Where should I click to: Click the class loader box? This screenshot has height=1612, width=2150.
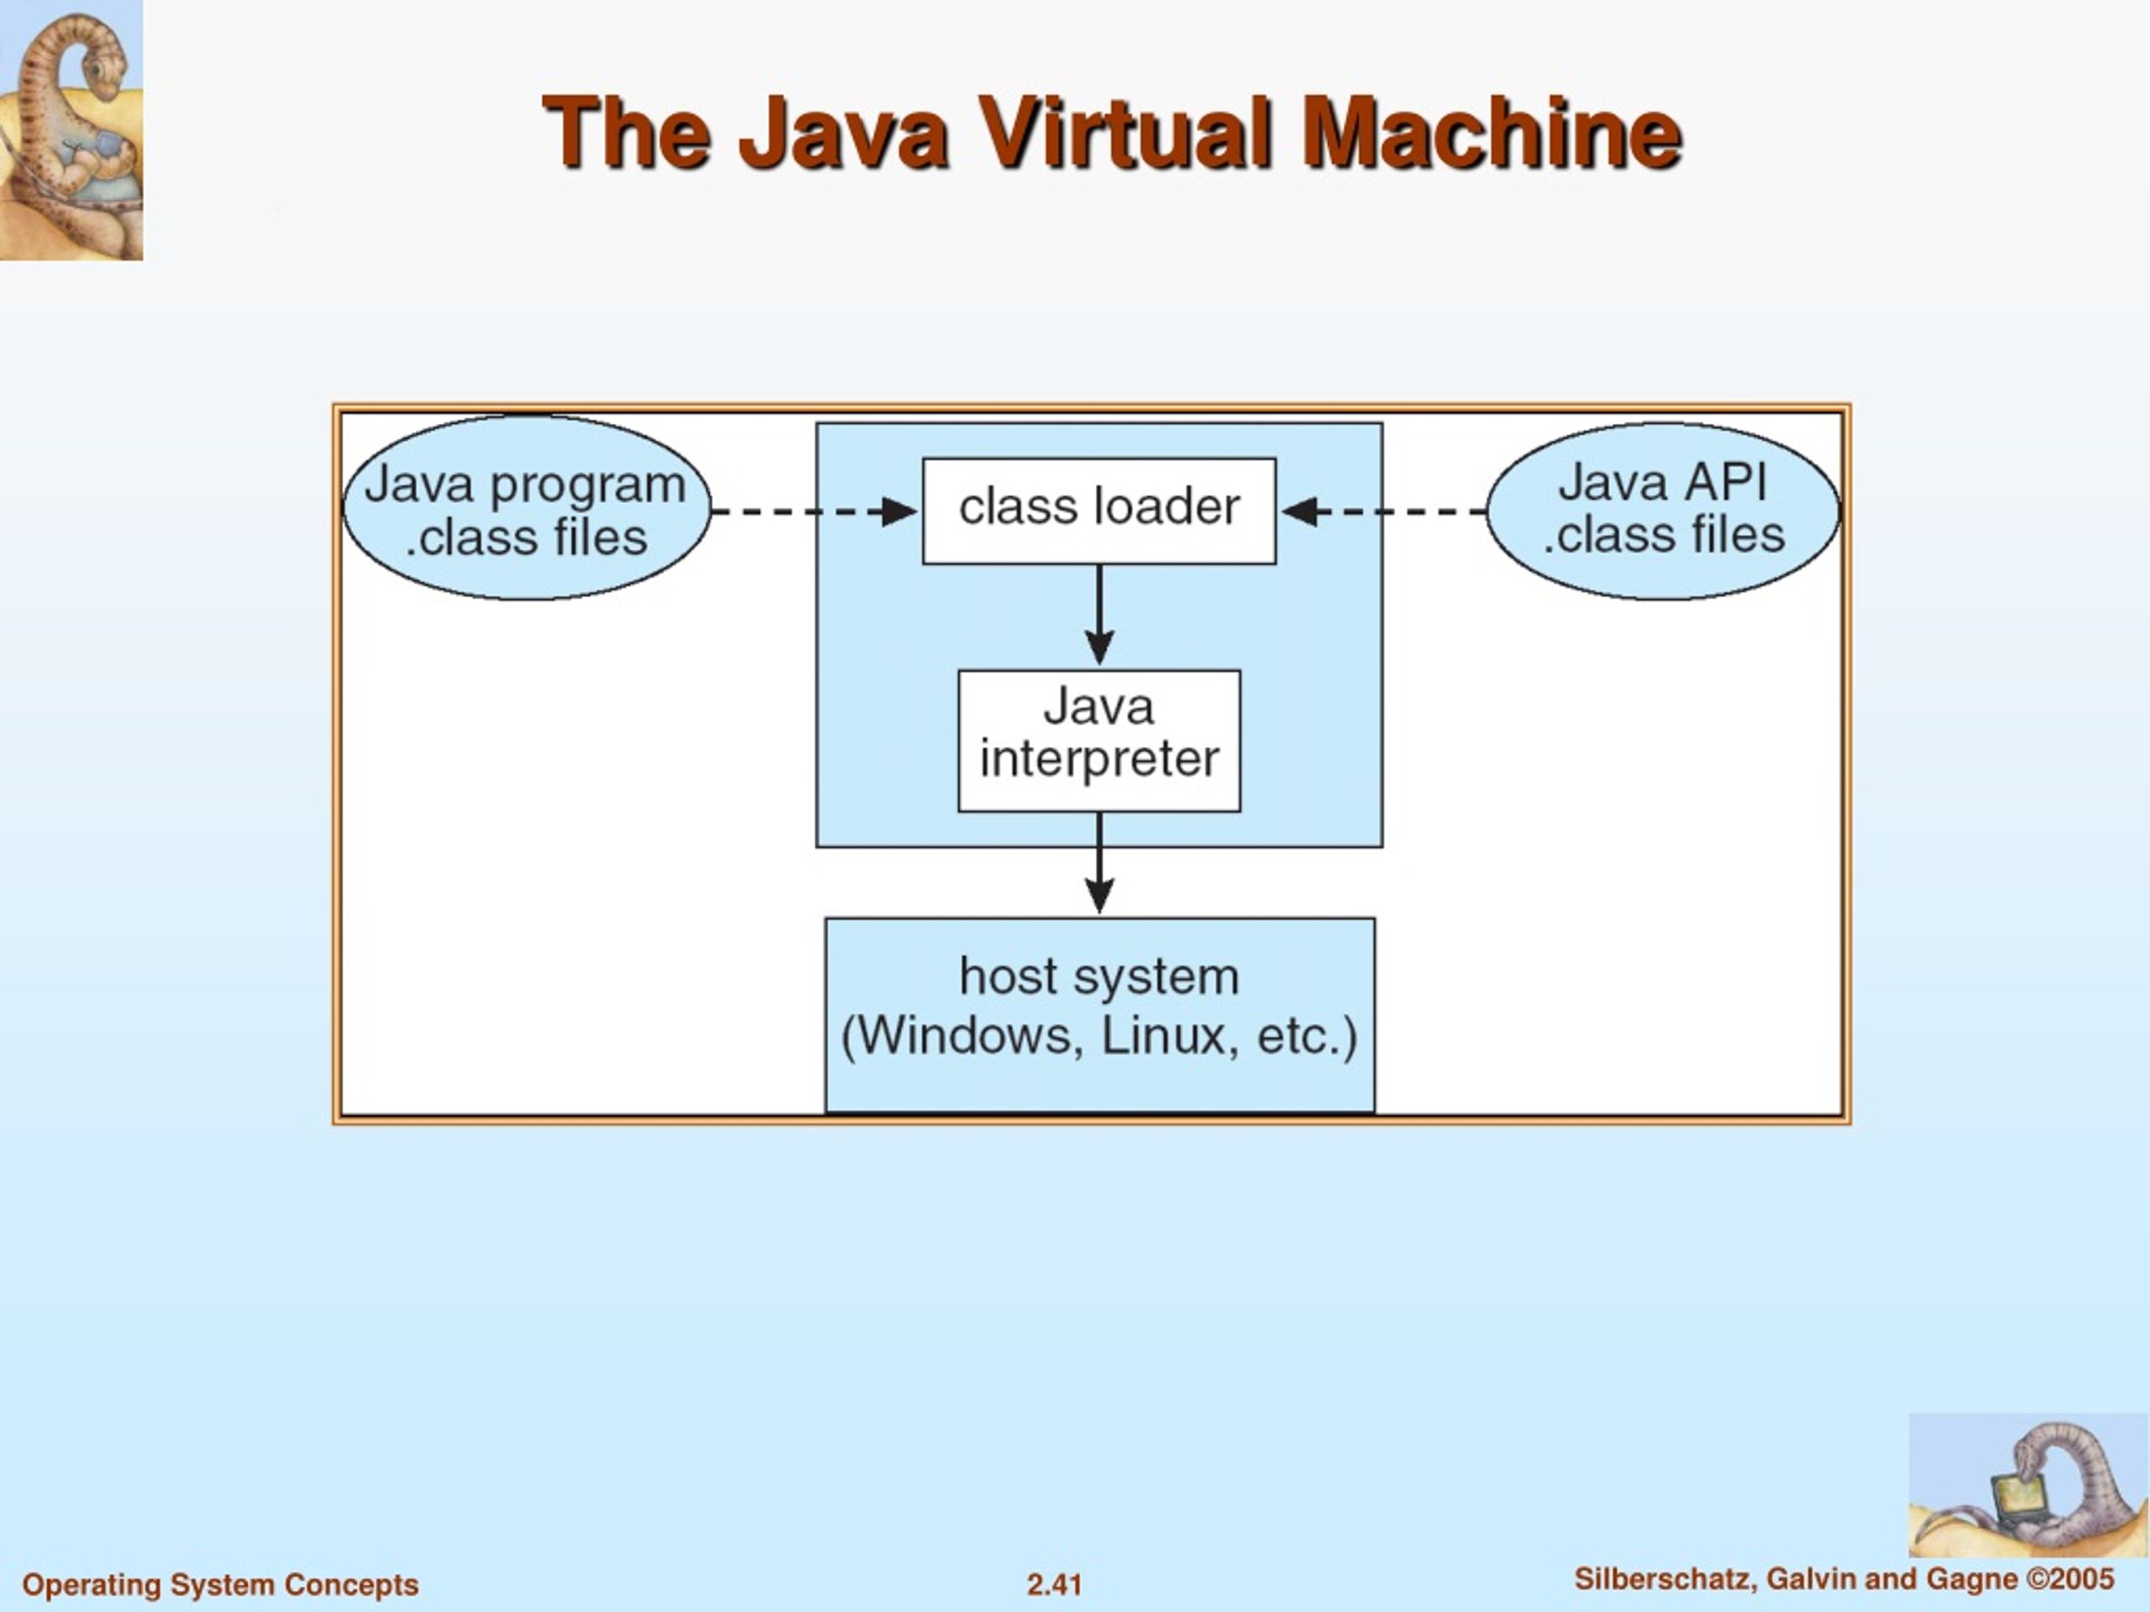[1099, 511]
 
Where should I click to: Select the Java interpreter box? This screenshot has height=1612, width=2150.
[1099, 741]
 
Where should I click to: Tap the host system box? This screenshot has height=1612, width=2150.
[1099, 1014]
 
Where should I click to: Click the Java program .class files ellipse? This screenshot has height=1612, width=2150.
[527, 508]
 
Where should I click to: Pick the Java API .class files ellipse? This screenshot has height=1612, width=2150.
[1663, 511]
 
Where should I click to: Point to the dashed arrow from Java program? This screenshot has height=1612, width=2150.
[815, 511]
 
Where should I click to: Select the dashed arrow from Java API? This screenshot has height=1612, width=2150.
[1384, 511]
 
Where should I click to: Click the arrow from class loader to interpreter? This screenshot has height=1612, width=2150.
[1099, 615]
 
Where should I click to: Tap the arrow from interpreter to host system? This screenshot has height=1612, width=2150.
[1099, 863]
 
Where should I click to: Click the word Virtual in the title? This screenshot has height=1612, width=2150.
[1125, 133]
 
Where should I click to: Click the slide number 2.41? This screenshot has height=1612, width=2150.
[1055, 1585]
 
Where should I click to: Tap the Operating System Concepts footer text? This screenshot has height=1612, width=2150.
[221, 1585]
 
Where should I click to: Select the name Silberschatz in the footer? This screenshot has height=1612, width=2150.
[1666, 1579]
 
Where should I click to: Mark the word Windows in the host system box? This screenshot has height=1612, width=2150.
[968, 1036]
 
